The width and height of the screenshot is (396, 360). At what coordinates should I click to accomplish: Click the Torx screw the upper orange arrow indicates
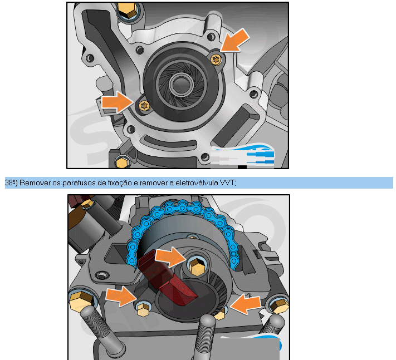(216, 60)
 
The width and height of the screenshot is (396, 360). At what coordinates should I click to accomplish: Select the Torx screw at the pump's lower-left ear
(144, 106)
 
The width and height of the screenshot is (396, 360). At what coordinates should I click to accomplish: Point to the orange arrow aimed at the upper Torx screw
(236, 40)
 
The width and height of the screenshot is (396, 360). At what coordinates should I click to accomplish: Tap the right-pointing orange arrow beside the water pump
(117, 102)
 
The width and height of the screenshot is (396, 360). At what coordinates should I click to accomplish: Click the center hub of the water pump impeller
(181, 85)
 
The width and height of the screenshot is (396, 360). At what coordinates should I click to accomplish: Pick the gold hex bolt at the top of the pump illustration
(128, 9)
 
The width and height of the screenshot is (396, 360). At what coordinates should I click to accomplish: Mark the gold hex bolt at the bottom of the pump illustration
(122, 161)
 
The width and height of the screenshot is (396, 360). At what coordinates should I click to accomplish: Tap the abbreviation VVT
(228, 183)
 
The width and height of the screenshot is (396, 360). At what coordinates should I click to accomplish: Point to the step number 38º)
(11, 183)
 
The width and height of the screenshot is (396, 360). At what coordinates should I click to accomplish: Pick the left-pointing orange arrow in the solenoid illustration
(246, 304)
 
